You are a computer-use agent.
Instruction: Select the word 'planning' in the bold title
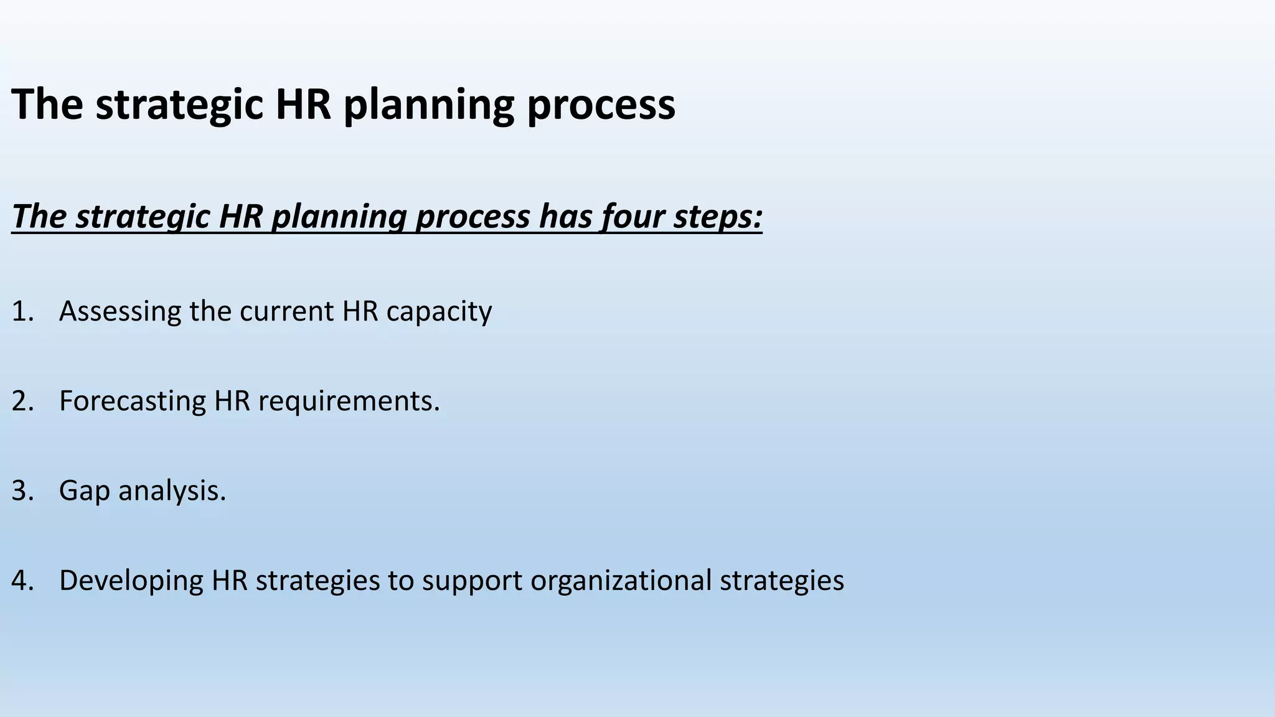(428, 105)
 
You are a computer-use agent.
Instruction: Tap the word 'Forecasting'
(133, 401)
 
